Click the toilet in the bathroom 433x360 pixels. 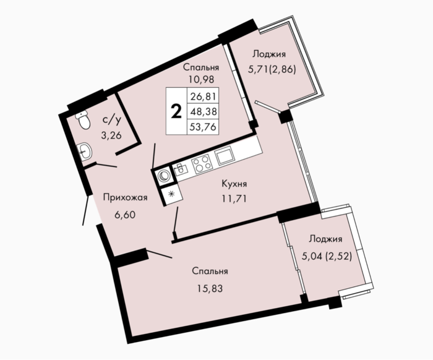point(83,120)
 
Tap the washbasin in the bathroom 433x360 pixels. point(85,152)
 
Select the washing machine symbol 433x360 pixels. point(164,176)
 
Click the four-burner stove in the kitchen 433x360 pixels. point(202,163)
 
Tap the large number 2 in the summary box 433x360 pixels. point(176,112)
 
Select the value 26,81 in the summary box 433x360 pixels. point(204,96)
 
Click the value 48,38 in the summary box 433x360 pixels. point(204,111)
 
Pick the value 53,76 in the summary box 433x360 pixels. point(204,127)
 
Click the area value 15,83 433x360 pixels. point(210,288)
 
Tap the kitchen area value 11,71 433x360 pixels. point(234,198)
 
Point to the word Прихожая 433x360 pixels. point(125,197)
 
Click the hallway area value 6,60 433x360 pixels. point(125,215)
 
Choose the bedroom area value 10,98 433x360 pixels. point(201,80)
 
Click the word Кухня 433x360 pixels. point(234,184)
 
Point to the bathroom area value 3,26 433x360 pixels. point(111,135)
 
